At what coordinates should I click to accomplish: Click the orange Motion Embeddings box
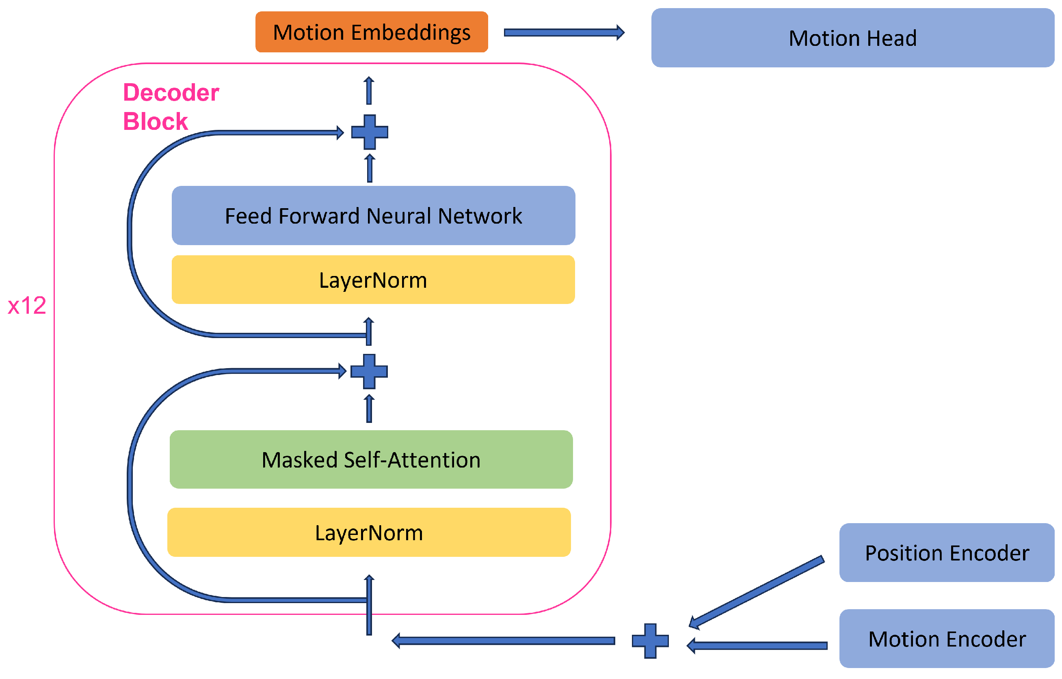(372, 32)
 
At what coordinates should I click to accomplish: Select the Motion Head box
(852, 38)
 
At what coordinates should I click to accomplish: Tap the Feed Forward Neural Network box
(373, 216)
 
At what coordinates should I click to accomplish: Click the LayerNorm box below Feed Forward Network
(373, 280)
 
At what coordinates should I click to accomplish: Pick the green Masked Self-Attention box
(371, 459)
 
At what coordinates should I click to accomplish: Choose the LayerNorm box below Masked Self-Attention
(369, 532)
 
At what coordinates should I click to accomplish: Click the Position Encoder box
(946, 553)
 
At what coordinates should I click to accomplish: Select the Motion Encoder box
(946, 639)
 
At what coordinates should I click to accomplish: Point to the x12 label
(27, 306)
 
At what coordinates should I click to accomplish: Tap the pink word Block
(155, 121)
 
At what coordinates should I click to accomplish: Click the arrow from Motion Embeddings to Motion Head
(563, 32)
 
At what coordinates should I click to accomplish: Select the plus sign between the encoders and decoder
(650, 640)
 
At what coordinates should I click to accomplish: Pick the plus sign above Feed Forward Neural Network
(369, 132)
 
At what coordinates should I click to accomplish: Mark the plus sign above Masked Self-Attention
(369, 371)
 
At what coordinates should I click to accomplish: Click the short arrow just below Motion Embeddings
(369, 91)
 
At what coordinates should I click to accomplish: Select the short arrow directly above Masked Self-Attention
(369, 409)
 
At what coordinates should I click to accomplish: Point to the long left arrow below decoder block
(503, 640)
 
